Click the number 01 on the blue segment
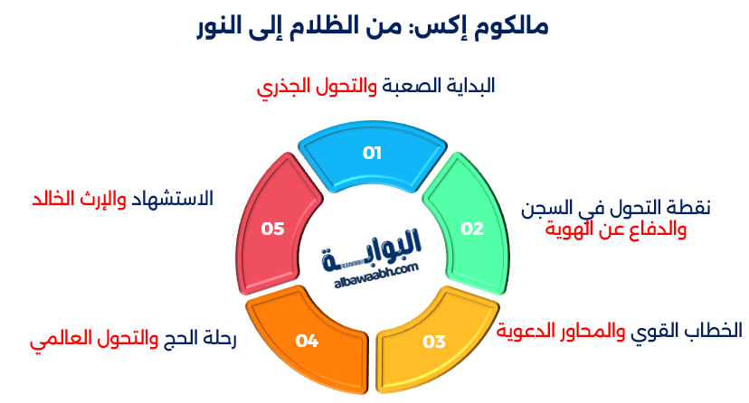point(373,153)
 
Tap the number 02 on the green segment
point(472,229)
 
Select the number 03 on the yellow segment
point(434,342)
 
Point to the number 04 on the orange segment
point(308,341)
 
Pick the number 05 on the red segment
point(273,229)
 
